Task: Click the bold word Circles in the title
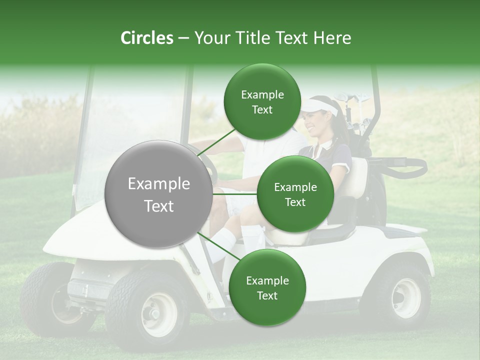[x=147, y=38]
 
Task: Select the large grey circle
[x=159, y=194]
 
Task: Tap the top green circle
[x=262, y=102]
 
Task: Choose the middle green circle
[x=295, y=194]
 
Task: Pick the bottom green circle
[x=267, y=288]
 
